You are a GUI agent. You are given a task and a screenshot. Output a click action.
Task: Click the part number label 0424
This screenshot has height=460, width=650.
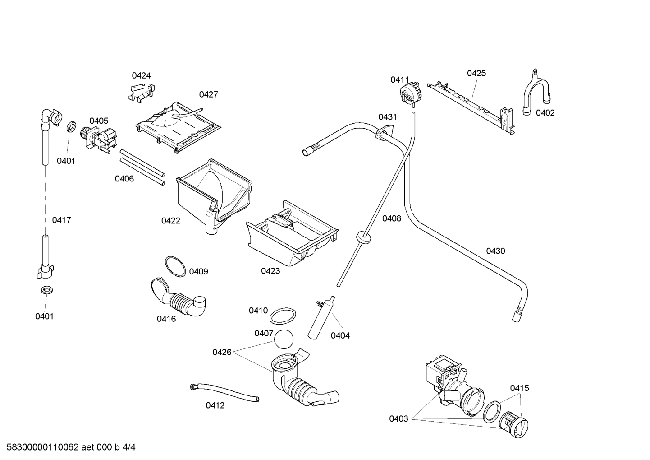click(x=141, y=75)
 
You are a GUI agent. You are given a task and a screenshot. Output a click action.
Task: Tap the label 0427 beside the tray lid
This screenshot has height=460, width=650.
click(x=208, y=94)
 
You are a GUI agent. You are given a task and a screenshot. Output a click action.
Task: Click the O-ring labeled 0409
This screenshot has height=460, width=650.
click(x=175, y=266)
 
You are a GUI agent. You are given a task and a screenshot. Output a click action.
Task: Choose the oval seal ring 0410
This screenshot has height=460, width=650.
click(x=284, y=316)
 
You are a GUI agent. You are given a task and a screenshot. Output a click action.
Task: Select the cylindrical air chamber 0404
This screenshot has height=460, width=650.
click(x=320, y=318)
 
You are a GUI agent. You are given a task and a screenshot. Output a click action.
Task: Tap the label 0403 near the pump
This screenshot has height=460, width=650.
click(x=398, y=418)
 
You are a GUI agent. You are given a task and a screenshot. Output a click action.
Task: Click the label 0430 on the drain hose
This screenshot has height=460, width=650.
click(x=495, y=251)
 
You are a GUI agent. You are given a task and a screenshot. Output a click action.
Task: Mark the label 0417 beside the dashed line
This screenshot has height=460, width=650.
click(x=61, y=220)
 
